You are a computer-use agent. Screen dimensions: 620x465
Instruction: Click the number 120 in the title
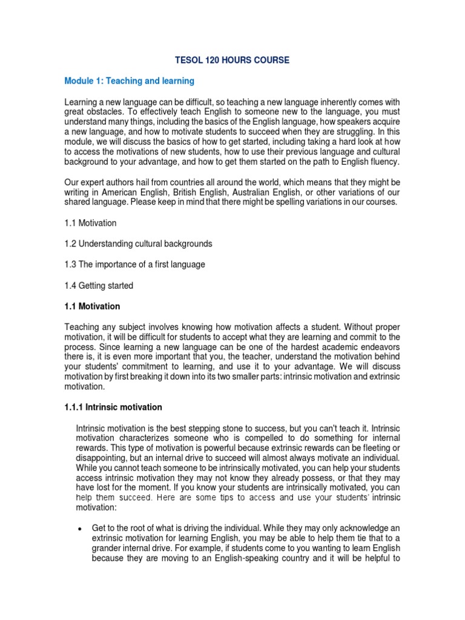click(x=208, y=60)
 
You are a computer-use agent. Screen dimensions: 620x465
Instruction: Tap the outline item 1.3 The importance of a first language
click(x=134, y=265)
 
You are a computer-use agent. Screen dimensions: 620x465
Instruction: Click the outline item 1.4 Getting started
click(x=99, y=285)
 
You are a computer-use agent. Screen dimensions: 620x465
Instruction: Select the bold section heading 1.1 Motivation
click(x=92, y=306)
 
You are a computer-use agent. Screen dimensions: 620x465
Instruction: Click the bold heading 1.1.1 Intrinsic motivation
click(x=113, y=407)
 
